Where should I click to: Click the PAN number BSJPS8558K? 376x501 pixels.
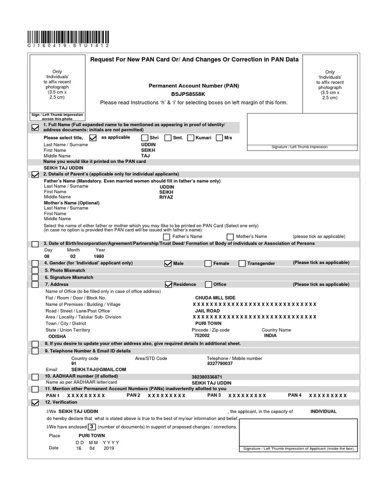click(x=188, y=94)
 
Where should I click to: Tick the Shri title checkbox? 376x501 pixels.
click(x=144, y=138)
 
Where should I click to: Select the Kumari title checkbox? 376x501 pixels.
click(x=191, y=138)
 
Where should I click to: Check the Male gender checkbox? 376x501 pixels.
click(x=168, y=263)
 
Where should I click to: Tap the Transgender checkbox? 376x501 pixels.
click(x=242, y=263)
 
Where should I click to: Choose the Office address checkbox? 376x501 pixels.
click(x=209, y=284)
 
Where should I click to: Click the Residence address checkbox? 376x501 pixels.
click(x=168, y=284)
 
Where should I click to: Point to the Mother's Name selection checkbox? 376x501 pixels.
click(x=230, y=237)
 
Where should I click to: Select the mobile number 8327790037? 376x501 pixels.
click(x=220, y=364)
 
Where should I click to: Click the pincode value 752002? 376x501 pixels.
click(x=202, y=336)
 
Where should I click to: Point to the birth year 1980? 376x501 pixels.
click(x=98, y=256)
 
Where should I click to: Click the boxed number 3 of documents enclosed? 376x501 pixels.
click(x=91, y=426)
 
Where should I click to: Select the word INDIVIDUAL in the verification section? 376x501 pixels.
click(x=323, y=411)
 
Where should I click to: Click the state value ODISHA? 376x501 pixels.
click(x=56, y=337)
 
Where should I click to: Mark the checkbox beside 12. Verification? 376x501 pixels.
click(x=35, y=403)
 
